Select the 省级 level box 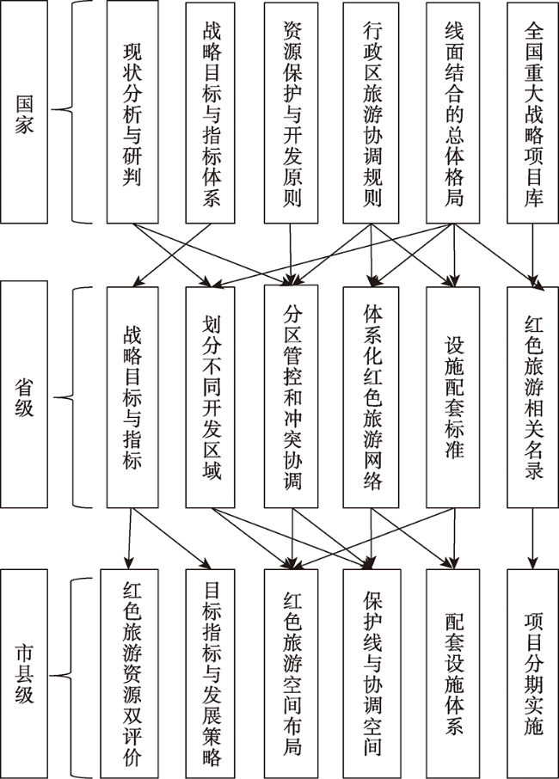coord(25,396)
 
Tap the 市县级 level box coord(25,671)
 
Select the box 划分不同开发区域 coord(211,396)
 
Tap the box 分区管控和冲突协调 coord(291,396)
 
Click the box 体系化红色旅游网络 coord(371,396)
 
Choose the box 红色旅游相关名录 coord(532,396)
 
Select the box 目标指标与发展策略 coord(211,671)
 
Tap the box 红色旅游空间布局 coord(291,671)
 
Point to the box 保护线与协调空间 coord(371,671)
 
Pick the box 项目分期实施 coord(532,671)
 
